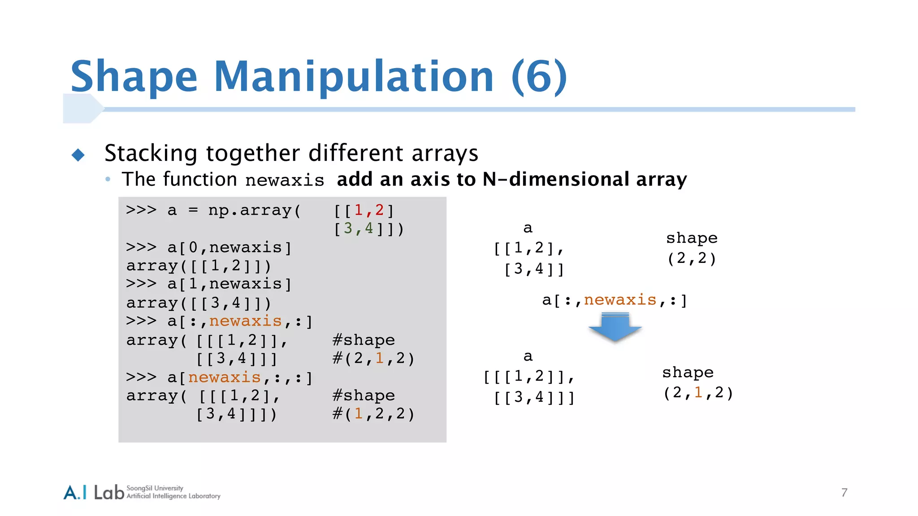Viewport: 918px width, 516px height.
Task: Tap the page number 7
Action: pyautogui.click(x=844, y=493)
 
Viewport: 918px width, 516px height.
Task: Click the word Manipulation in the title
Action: pyautogui.click(x=354, y=77)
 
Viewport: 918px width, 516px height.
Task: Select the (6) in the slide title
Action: pyautogui.click(x=539, y=77)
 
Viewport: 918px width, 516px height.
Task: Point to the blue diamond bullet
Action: pyautogui.click(x=78, y=155)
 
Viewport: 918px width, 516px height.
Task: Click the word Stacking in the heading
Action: pyautogui.click(x=151, y=154)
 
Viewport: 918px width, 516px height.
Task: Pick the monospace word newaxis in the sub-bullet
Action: pyautogui.click(x=285, y=181)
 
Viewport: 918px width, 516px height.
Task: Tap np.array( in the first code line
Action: pyautogui.click(x=255, y=210)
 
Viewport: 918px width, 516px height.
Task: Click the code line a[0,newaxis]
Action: pyautogui.click(x=229, y=247)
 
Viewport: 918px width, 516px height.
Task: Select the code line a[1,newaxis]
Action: pyautogui.click(x=229, y=284)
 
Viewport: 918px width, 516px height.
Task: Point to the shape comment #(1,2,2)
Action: pyautogui.click(x=373, y=413)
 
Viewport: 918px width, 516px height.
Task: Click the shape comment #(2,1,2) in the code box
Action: pyautogui.click(x=373, y=358)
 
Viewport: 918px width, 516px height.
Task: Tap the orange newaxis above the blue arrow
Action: pyautogui.click(x=620, y=300)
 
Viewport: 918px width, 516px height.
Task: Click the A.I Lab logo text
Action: pyautogui.click(x=94, y=492)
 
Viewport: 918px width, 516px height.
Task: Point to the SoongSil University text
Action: pyautogui.click(x=155, y=488)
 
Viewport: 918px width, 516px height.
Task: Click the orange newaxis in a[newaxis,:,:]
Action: pyautogui.click(x=224, y=378)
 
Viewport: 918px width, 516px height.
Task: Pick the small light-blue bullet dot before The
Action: pyautogui.click(x=108, y=179)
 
